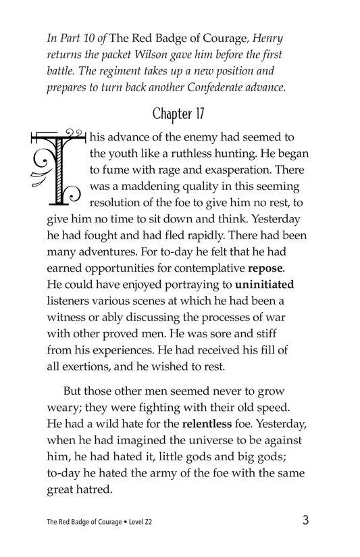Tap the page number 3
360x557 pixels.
(307, 520)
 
